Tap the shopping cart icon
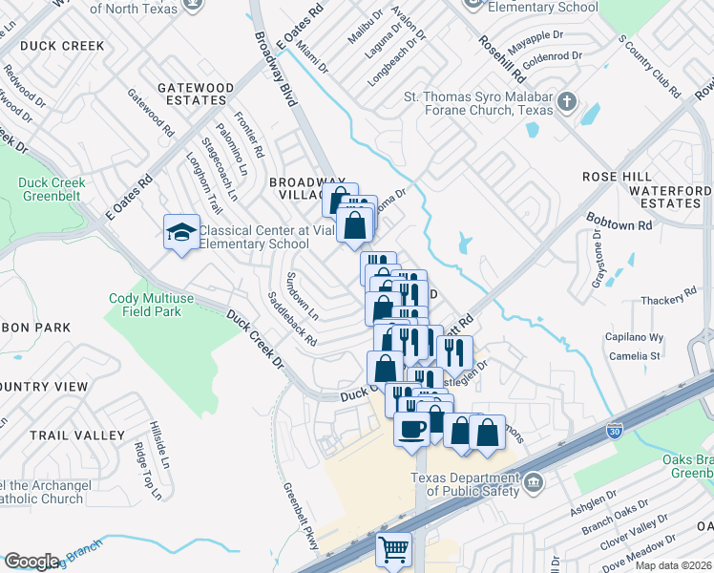[393, 549]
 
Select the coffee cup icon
[412, 428]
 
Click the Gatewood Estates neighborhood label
[196, 94]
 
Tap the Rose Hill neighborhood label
[617, 178]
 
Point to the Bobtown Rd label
[619, 223]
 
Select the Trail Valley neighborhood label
[76, 435]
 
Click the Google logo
[31, 561]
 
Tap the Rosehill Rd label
[503, 56]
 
